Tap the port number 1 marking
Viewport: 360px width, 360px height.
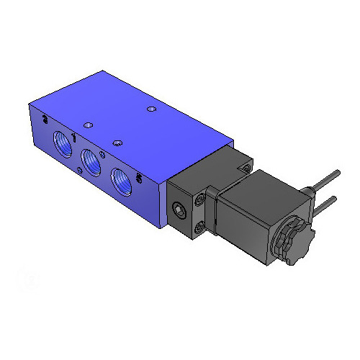76,135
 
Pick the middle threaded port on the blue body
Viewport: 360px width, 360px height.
91,162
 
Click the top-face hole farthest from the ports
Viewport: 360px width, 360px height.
150,109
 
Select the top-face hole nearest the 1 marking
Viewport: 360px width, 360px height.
88,124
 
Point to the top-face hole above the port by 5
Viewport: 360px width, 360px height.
117,141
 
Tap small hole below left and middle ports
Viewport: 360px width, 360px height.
77,169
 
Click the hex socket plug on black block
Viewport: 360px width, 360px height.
177,210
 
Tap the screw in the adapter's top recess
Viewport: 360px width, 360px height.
247,168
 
